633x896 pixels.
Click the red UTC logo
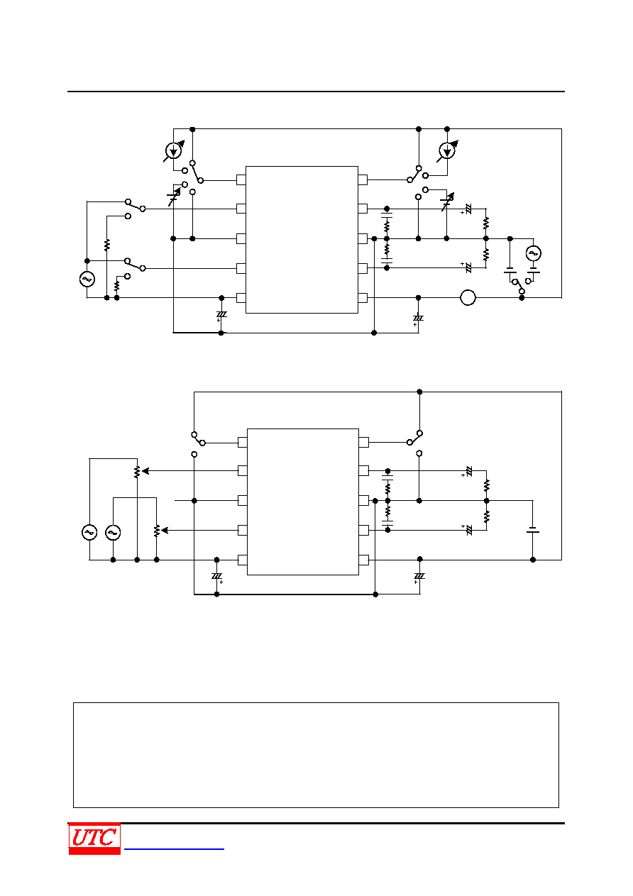pyautogui.click(x=94, y=839)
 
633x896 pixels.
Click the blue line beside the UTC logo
pyautogui.click(x=174, y=848)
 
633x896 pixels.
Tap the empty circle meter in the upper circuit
pyautogui.click(x=468, y=297)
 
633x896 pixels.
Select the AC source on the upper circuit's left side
pyautogui.click(x=87, y=279)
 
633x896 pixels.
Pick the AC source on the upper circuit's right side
pyautogui.click(x=533, y=253)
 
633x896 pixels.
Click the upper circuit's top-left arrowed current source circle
pyautogui.click(x=173, y=151)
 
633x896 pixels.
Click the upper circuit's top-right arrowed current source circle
pyautogui.click(x=446, y=151)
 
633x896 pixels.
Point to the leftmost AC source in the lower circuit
pyautogui.click(x=89, y=532)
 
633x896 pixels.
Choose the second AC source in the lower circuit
pyautogui.click(x=113, y=532)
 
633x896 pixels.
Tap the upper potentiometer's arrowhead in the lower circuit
pyautogui.click(x=145, y=471)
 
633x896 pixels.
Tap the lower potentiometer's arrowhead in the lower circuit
pyautogui.click(x=165, y=531)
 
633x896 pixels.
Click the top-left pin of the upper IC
pyautogui.click(x=241, y=180)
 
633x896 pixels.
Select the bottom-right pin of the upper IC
pyautogui.click(x=363, y=297)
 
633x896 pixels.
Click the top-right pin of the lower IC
pyautogui.click(x=364, y=442)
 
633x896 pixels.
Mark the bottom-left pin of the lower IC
pyautogui.click(x=243, y=560)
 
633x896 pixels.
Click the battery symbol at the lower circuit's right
pyautogui.click(x=532, y=530)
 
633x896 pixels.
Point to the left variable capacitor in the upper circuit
pyautogui.click(x=174, y=197)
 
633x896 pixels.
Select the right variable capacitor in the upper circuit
pyautogui.click(x=447, y=201)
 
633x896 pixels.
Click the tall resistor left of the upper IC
pyautogui.click(x=107, y=245)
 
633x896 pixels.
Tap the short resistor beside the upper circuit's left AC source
pyautogui.click(x=116, y=286)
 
